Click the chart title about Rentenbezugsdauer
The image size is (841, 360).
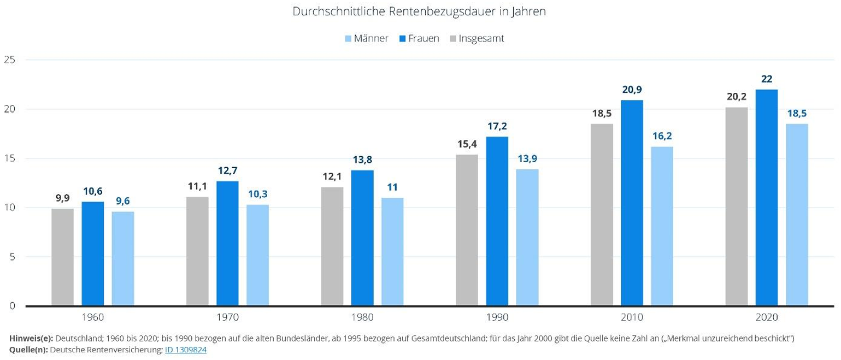tap(420, 11)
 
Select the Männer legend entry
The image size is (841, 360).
tap(366, 39)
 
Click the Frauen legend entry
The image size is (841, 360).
tap(419, 39)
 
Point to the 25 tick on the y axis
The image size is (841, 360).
tap(9, 60)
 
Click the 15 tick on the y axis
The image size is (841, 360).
tap(9, 158)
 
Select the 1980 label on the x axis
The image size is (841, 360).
tap(362, 317)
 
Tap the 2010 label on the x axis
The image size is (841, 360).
tap(632, 317)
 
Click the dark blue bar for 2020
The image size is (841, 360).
tap(767, 197)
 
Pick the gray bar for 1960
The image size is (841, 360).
tap(62, 257)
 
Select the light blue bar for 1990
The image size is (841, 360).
tap(527, 237)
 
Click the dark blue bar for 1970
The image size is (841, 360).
tap(227, 243)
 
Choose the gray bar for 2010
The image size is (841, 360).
tap(602, 215)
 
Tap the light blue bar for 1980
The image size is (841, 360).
tap(392, 251)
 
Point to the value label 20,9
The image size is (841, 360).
tap(632, 89)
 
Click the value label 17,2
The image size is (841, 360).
tap(497, 126)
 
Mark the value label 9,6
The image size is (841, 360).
tap(123, 200)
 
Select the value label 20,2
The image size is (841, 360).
tap(736, 96)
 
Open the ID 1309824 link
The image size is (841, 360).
tap(185, 350)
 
